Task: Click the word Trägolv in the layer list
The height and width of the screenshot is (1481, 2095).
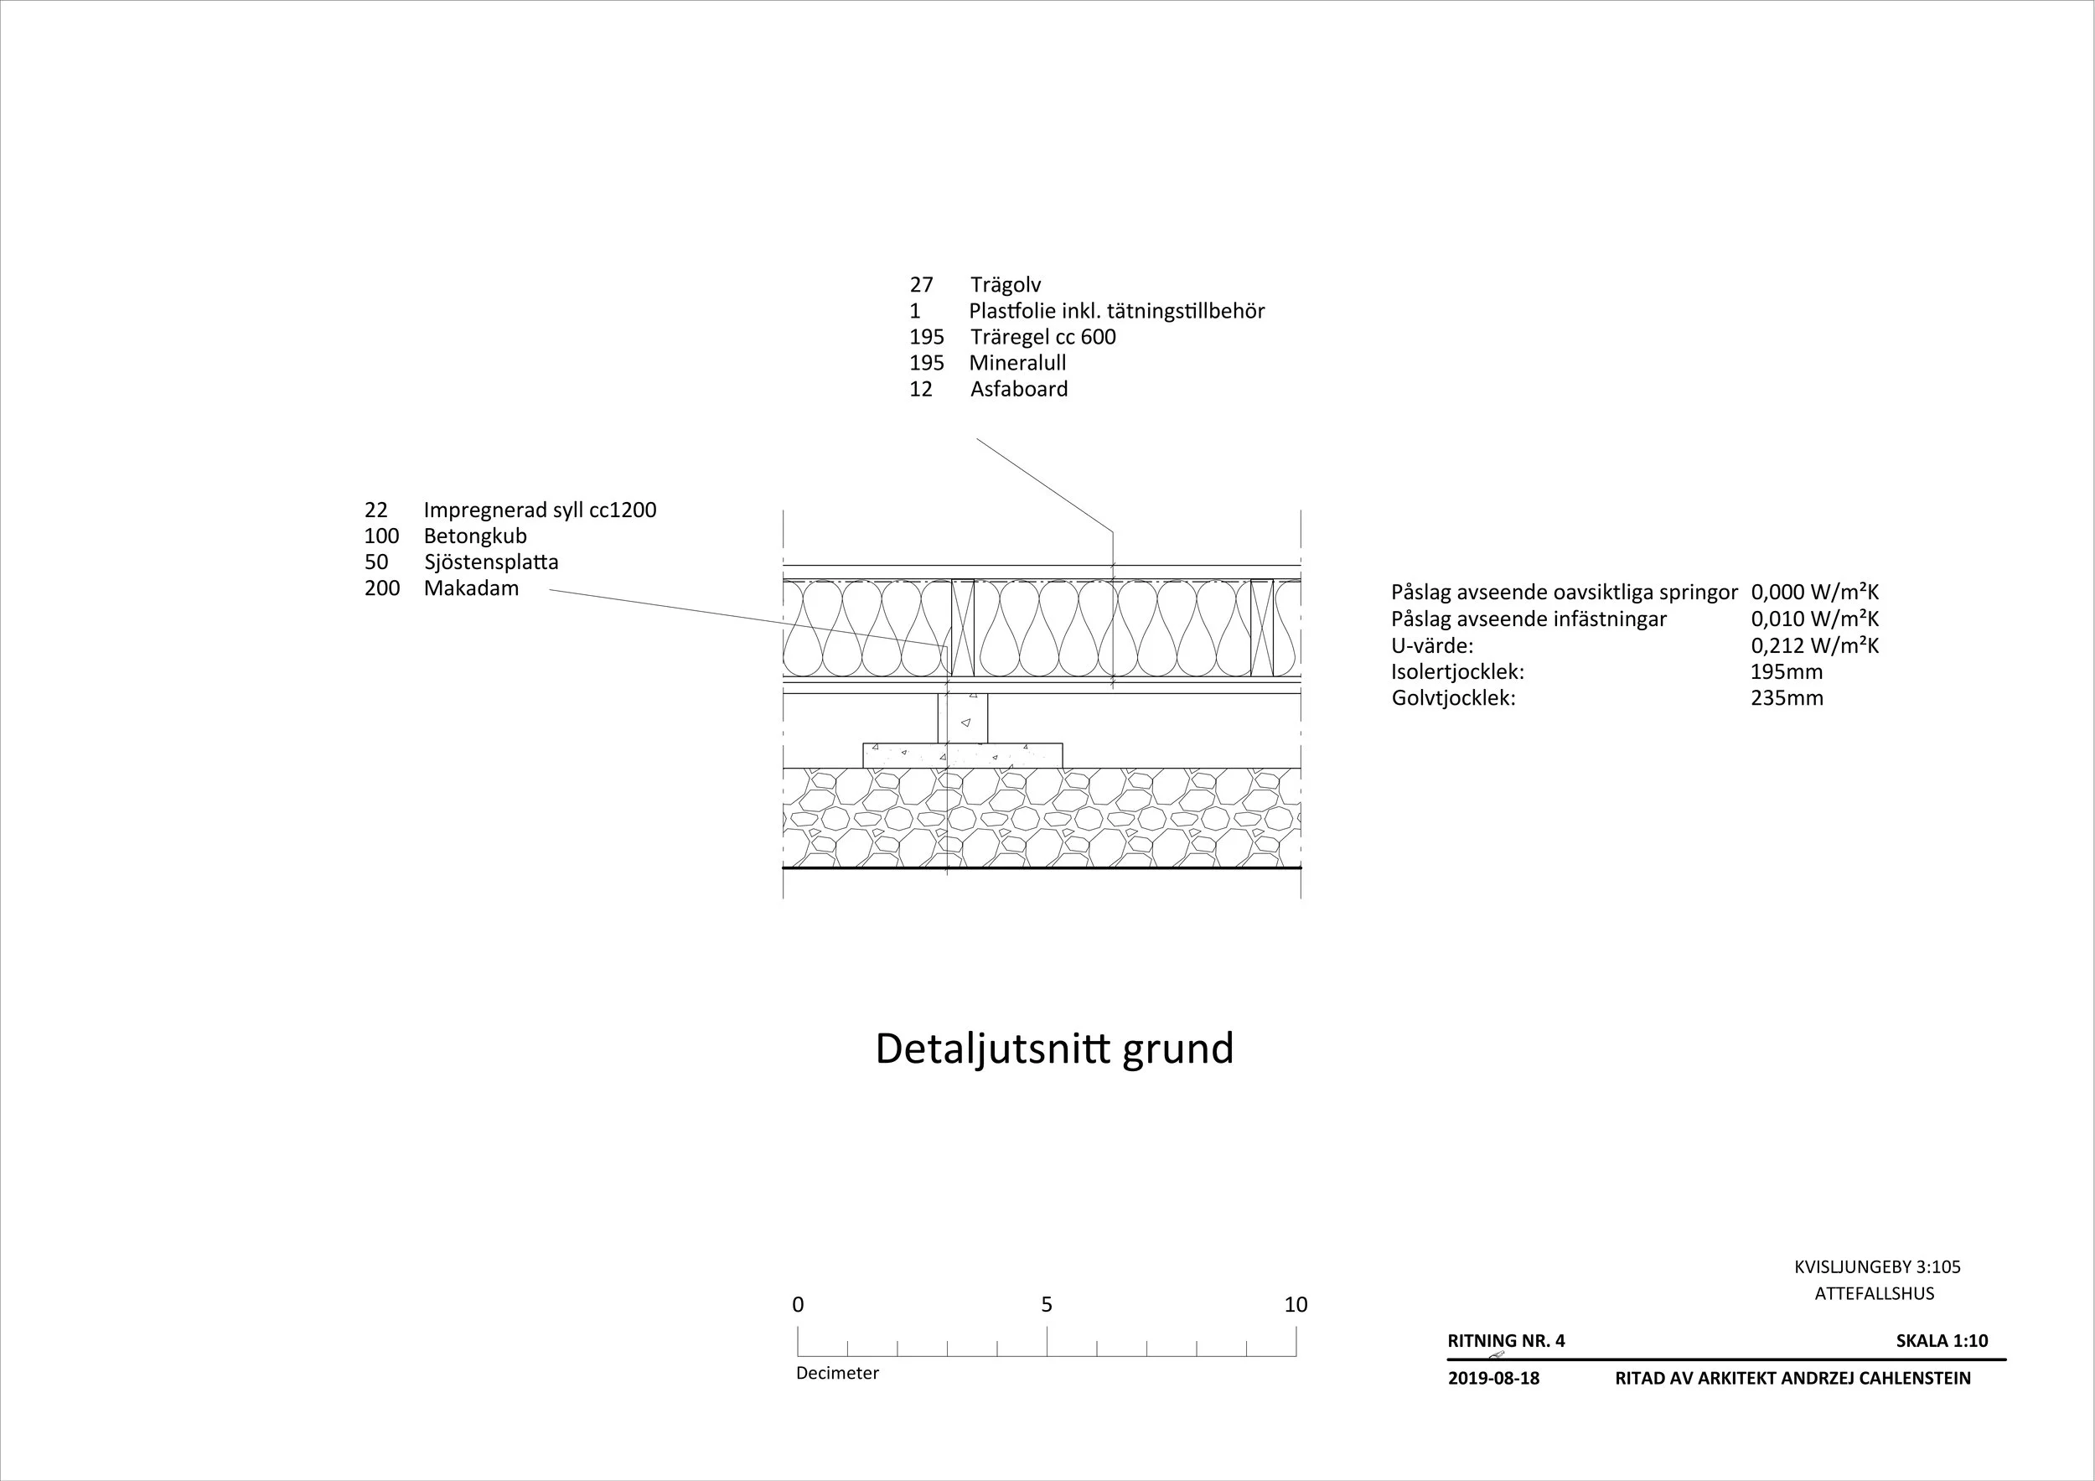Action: click(1005, 285)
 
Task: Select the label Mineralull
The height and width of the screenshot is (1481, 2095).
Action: click(1017, 363)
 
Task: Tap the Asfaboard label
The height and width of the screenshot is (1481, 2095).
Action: click(1018, 390)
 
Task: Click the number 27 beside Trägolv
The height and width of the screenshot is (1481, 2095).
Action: click(921, 285)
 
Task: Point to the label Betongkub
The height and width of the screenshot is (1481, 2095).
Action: click(474, 536)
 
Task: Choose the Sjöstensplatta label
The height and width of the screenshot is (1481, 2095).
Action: click(491, 562)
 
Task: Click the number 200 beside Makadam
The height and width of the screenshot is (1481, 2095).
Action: click(381, 588)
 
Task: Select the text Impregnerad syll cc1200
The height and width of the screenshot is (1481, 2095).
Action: click(540, 510)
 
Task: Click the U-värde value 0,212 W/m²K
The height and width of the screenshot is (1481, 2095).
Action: click(1814, 646)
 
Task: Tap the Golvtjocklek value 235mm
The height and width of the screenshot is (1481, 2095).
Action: click(1787, 699)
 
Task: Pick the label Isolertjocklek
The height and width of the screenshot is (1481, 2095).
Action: click(1457, 672)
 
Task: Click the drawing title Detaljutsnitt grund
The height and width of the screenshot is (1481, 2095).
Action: click(1054, 1049)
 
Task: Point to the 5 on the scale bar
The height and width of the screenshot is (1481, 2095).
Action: click(1047, 1305)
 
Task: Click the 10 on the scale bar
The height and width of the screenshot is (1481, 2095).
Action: click(1296, 1305)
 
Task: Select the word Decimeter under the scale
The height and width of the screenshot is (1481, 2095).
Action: click(836, 1374)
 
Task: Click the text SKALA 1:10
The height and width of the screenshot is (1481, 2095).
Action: click(1942, 1341)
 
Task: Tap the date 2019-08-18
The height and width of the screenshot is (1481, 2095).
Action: click(1492, 1379)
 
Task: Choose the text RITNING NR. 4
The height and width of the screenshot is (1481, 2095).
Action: click(1506, 1341)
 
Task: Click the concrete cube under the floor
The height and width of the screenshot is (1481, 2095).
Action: click(963, 719)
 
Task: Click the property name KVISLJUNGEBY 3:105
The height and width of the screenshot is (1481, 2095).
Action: click(1877, 1267)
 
